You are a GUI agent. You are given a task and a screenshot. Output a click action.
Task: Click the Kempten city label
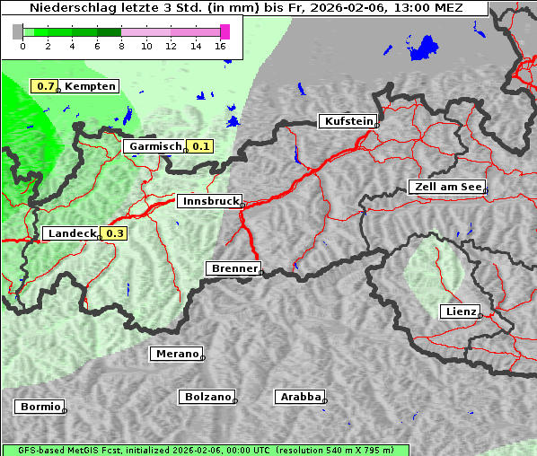pos(91,86)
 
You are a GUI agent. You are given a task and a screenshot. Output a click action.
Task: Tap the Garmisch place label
pos(155,146)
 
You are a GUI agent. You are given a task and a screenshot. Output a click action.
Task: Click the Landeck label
pos(72,233)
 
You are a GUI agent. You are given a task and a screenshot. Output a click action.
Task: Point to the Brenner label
pos(233,268)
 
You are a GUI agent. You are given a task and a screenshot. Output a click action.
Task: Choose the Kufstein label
pos(347,121)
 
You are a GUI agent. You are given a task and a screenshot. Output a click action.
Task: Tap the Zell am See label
pos(446,187)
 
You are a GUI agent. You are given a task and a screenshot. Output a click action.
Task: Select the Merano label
pos(176,354)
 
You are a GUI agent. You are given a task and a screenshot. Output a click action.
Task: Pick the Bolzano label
pos(207,396)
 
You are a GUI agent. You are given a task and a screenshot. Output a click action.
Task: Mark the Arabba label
pos(300,396)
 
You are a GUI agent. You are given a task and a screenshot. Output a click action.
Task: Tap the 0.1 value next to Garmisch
pos(200,146)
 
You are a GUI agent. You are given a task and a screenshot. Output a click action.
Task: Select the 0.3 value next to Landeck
pos(115,233)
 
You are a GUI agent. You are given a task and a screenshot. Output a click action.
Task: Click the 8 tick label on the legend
pos(121,46)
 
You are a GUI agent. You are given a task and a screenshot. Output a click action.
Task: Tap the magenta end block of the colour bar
pos(224,31)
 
